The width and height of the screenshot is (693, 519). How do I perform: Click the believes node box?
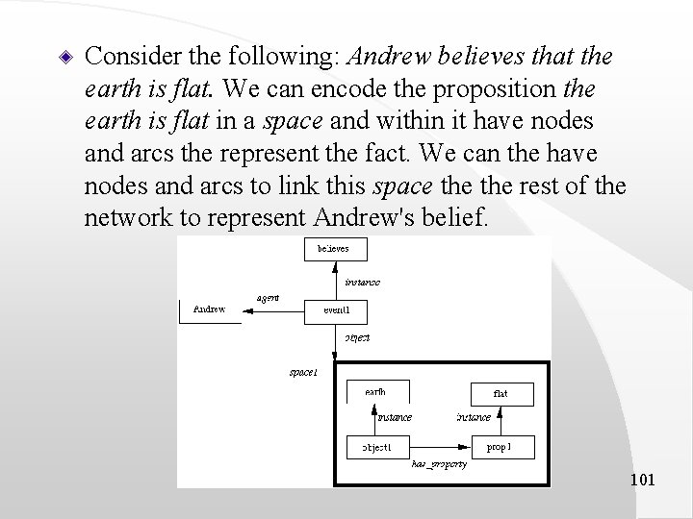pos(328,248)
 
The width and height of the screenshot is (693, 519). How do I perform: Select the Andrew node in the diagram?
pos(209,310)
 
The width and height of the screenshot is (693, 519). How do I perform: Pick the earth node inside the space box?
pos(376,391)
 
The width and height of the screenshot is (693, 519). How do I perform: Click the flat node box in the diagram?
pos(500,393)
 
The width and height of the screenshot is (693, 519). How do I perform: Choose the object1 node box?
pos(376,447)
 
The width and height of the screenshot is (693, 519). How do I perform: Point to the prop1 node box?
pos(500,447)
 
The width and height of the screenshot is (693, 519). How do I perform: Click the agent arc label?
pos(268,297)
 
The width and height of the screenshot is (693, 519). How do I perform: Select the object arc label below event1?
pos(357,337)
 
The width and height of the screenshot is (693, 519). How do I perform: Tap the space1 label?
pos(302,371)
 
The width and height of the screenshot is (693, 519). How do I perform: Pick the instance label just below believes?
pos(362,282)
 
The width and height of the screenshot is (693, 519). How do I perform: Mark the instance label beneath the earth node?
pos(394,417)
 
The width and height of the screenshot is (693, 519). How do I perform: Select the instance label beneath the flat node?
pos(473,417)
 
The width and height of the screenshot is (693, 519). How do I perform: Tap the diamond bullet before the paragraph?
pos(63,57)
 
